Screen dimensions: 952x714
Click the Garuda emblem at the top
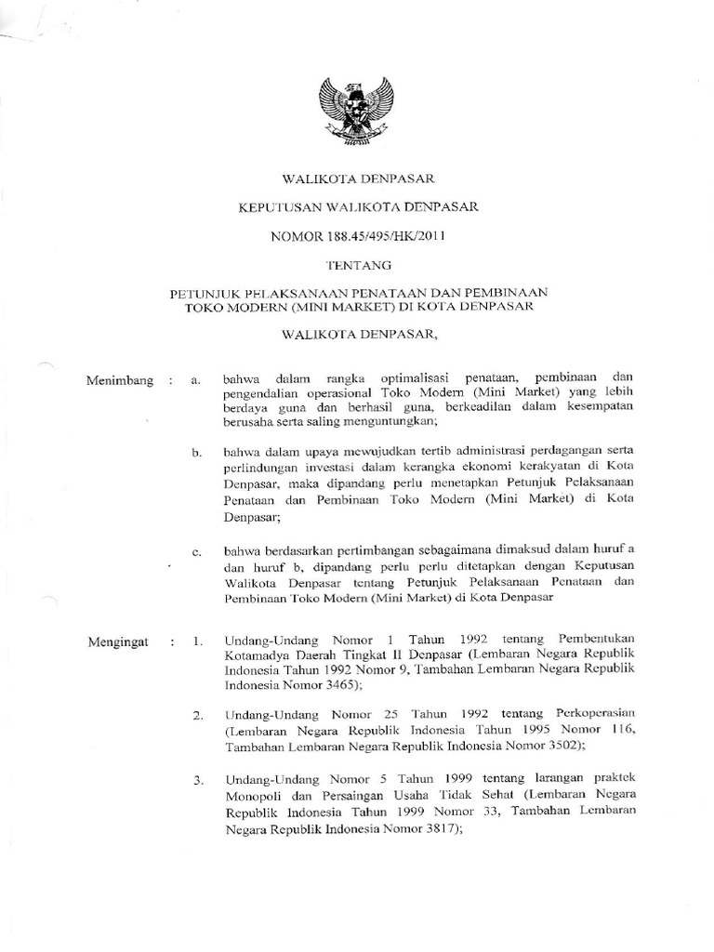[357, 112]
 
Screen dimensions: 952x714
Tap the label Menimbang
[120, 380]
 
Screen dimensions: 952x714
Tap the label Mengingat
[118, 641]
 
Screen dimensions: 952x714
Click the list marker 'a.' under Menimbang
[196, 381]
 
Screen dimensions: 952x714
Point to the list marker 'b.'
[197, 453]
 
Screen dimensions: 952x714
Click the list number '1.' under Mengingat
[197, 641]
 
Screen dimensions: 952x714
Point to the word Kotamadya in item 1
[256, 655]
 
